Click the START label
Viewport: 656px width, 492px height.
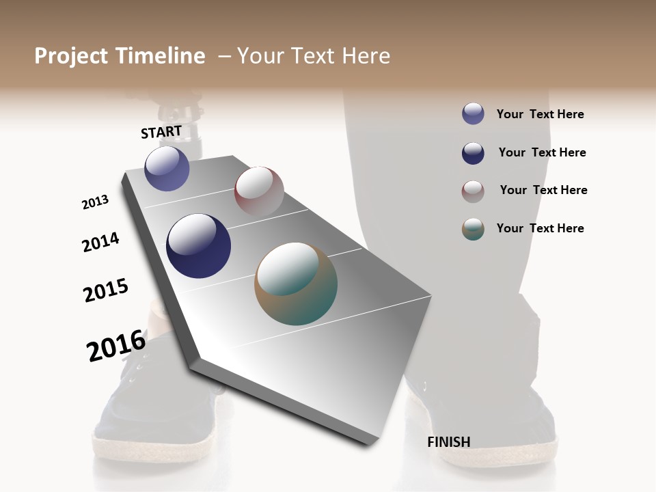click(x=161, y=132)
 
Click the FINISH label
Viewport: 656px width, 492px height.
click(x=448, y=442)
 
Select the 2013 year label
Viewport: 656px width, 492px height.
click(x=95, y=202)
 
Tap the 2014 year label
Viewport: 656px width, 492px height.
click(x=100, y=242)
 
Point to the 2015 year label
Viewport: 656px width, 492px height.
click(x=106, y=290)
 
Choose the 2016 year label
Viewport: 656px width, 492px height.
click(x=116, y=345)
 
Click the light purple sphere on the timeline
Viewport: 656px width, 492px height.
click(x=167, y=169)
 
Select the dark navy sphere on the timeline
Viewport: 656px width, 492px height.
click(x=198, y=246)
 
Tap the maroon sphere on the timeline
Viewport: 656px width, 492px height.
click(x=259, y=191)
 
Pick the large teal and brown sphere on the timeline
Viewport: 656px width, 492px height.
click(x=296, y=284)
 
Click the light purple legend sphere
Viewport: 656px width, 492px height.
click(x=473, y=114)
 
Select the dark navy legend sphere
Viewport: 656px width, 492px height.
click(x=473, y=153)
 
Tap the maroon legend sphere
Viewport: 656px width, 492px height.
click(x=473, y=191)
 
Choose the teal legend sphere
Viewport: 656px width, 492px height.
click(x=473, y=229)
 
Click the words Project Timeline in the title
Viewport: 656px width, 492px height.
click(x=120, y=56)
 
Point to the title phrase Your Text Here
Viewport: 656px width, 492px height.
click(x=314, y=56)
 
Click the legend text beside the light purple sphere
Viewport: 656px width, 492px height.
click(x=540, y=114)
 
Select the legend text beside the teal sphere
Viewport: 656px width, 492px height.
click(x=540, y=228)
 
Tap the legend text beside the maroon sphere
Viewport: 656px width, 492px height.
click(x=543, y=190)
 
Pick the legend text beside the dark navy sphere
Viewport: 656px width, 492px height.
click(x=542, y=152)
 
